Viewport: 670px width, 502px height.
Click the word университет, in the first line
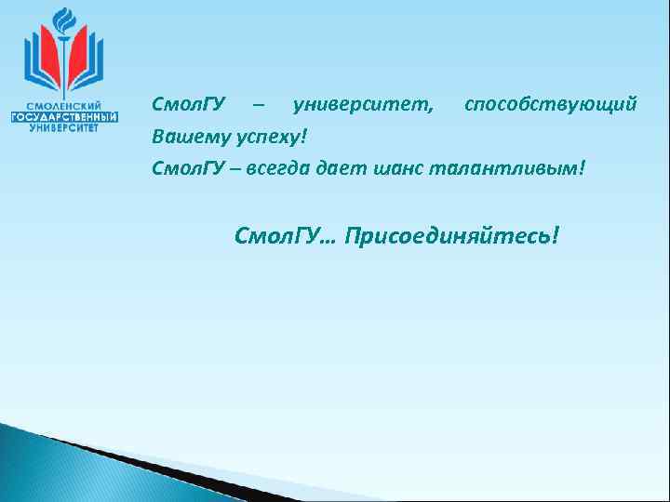coord(363,104)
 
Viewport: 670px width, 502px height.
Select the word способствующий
coord(551,104)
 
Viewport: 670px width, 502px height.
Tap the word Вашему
coord(182,138)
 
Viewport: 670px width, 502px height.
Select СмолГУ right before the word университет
coord(182,104)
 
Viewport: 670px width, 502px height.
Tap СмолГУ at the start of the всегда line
coord(182,169)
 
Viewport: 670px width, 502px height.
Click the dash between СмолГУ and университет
coord(257,105)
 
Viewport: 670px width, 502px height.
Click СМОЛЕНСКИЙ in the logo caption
coord(64,106)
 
